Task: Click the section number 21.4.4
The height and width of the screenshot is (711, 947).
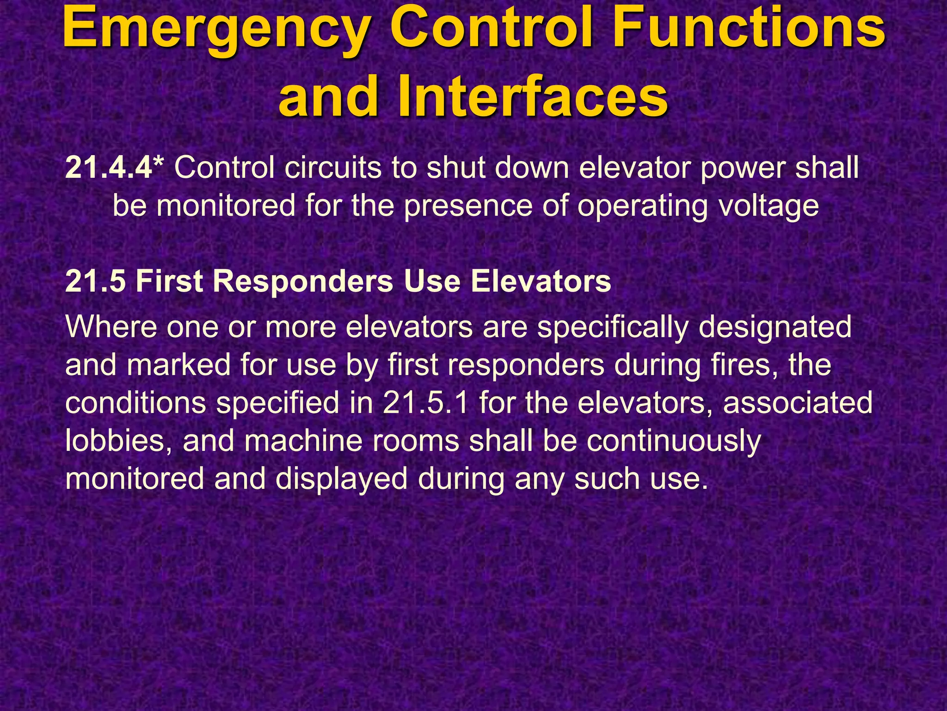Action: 109,167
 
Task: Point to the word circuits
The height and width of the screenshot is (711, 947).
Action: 332,167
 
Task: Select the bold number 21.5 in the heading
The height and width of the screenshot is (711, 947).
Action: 95,281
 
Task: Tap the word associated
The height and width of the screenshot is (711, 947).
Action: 797,403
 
